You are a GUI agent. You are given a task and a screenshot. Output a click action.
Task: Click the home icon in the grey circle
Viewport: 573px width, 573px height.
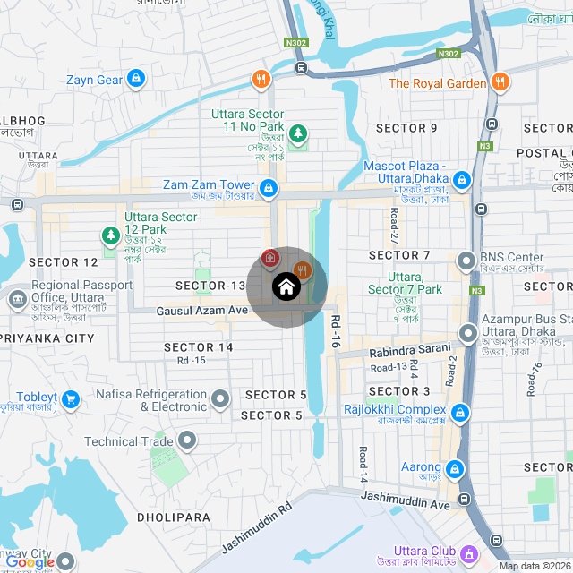pyautogui.click(x=286, y=286)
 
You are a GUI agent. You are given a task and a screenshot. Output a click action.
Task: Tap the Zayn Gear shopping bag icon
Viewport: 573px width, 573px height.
pyautogui.click(x=135, y=80)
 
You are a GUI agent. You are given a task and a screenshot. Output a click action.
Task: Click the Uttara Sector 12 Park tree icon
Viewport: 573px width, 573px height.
pyautogui.click(x=110, y=236)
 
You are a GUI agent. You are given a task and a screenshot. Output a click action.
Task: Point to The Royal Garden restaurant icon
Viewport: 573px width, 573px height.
pyautogui.click(x=500, y=83)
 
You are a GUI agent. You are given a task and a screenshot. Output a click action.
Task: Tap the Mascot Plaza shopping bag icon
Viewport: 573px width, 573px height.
pyautogui.click(x=462, y=180)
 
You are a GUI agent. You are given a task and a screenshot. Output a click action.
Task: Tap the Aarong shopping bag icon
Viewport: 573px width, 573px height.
pyautogui.click(x=454, y=468)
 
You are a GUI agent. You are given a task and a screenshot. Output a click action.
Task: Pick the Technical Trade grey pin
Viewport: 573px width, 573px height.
pyautogui.click(x=187, y=440)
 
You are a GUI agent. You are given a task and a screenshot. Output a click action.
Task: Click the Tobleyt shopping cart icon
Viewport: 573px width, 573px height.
pyautogui.click(x=73, y=397)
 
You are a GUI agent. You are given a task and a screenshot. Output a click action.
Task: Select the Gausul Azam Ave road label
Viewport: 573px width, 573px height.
pyautogui.click(x=201, y=311)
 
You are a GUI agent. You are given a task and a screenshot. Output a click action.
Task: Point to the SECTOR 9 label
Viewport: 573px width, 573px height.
pyautogui.click(x=406, y=128)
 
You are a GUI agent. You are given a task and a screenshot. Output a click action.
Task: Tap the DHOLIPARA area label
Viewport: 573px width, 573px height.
pyautogui.click(x=174, y=517)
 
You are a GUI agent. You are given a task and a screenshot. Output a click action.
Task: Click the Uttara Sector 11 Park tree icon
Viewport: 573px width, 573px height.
pyautogui.click(x=298, y=133)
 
